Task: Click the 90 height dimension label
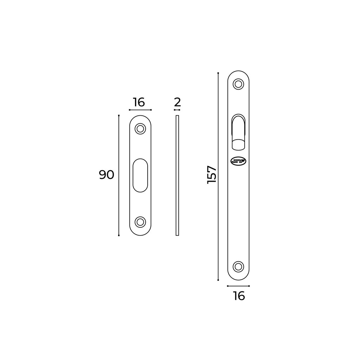pos(107,175)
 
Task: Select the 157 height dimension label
pos(212,175)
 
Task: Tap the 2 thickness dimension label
pos(177,102)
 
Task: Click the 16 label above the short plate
pos(139,102)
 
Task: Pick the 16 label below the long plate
pos(239,296)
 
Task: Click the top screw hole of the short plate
pos(141,129)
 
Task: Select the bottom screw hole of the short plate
pos(141,222)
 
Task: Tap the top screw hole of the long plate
pos(239,84)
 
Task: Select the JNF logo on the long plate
pos(239,161)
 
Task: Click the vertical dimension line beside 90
pos(119,175)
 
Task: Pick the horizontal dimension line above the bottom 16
pos(239,286)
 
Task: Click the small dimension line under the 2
pos(177,110)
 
